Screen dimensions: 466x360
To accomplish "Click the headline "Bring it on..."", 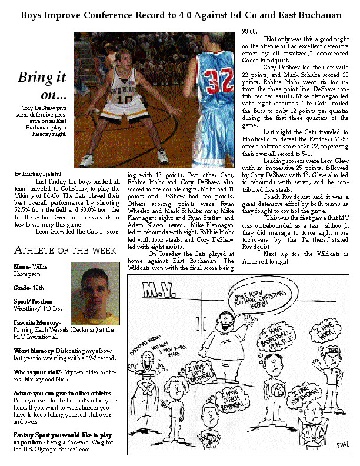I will pos(42,86).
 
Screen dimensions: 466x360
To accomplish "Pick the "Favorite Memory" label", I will pos(36,323).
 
